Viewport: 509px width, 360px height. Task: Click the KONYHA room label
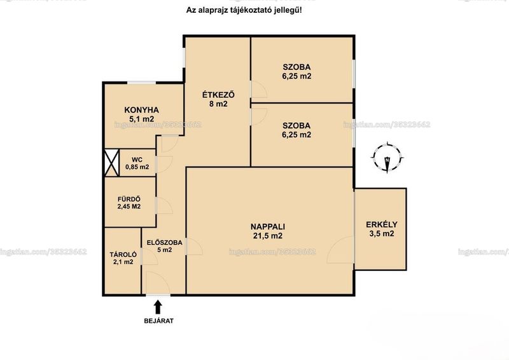click(141, 110)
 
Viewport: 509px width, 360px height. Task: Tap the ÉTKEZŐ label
click(218, 95)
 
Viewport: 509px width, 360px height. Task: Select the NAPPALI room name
click(268, 226)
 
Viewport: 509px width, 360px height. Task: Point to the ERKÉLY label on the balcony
click(381, 225)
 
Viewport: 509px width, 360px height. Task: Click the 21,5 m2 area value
click(268, 236)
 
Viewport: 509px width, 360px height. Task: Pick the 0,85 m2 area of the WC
click(137, 167)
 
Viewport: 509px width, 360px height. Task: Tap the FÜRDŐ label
click(129, 199)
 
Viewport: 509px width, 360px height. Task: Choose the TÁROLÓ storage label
click(123, 255)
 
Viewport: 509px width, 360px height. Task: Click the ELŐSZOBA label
click(165, 242)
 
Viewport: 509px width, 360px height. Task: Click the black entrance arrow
click(158, 307)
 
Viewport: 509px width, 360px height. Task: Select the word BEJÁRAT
click(158, 321)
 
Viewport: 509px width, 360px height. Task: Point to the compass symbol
click(387, 158)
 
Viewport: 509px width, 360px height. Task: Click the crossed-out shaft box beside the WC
click(112, 163)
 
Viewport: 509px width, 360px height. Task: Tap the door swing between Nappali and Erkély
click(340, 249)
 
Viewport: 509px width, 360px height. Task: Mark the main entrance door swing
click(158, 283)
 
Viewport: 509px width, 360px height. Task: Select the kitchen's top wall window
click(141, 83)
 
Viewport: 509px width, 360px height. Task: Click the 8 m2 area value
click(218, 104)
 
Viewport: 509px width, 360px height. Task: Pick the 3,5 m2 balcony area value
click(382, 233)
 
